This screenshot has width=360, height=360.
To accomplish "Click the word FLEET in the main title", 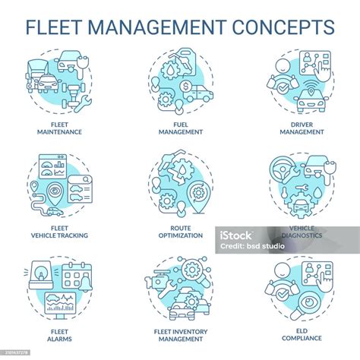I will click(54, 27).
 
